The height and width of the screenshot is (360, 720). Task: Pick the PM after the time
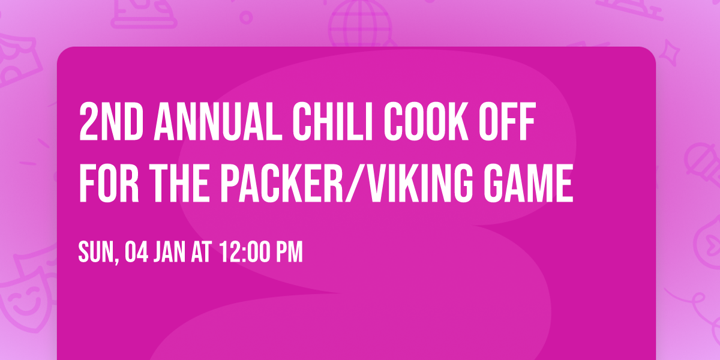(x=289, y=252)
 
